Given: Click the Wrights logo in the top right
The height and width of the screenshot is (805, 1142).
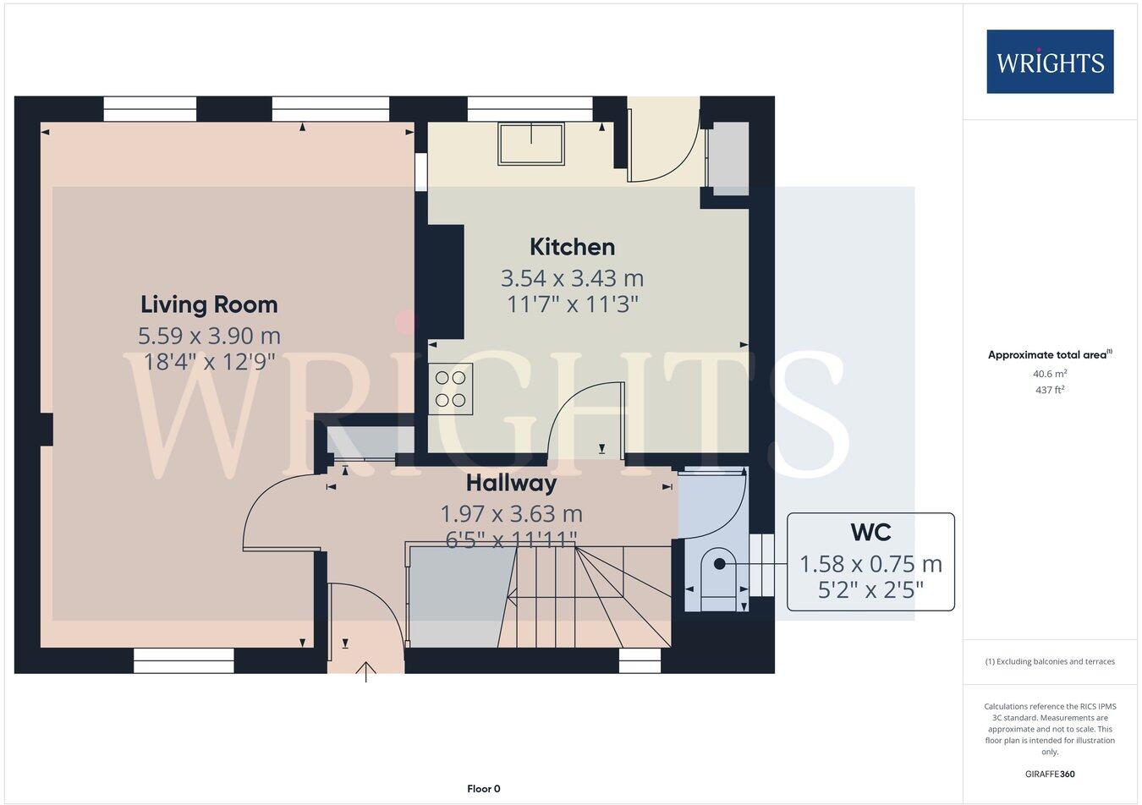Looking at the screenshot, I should click(1050, 62).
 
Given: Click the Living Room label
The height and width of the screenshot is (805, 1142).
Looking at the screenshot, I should click(209, 304).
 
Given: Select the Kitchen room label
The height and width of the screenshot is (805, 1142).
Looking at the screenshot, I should click(572, 247).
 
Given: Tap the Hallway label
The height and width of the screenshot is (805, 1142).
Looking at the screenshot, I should click(511, 483).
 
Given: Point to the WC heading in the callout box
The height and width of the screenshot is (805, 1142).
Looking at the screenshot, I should click(870, 532).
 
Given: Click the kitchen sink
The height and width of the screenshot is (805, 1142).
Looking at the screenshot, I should click(531, 143).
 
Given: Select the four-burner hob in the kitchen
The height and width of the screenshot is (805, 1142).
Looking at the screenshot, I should click(450, 389).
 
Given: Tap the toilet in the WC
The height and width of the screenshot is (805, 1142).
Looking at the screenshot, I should click(718, 574).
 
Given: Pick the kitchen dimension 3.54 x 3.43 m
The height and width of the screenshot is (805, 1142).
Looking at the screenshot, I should click(572, 277).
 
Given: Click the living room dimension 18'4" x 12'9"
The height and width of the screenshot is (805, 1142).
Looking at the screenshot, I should click(209, 362).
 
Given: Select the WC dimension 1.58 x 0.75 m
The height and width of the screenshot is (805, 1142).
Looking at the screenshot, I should click(870, 563).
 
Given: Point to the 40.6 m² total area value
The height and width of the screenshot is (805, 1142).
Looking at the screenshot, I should click(1049, 374).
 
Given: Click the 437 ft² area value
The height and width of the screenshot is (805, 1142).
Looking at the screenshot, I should click(1049, 390).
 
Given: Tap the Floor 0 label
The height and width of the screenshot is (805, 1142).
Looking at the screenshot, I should click(484, 789).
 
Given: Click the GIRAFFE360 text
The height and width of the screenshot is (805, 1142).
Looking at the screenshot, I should click(1049, 773).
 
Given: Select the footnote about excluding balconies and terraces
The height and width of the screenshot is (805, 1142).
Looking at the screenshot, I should click(1049, 661).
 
